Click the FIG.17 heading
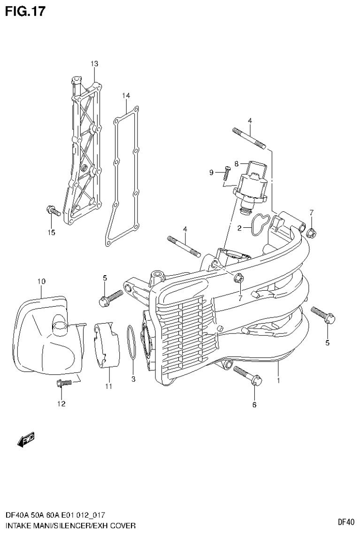(25, 11)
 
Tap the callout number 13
(94, 63)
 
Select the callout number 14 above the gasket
(126, 96)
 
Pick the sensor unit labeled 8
(253, 184)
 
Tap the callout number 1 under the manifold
(278, 380)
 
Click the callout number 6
(254, 404)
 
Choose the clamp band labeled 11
(107, 345)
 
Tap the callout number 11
(108, 387)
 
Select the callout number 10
(41, 281)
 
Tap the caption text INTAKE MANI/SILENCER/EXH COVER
(70, 525)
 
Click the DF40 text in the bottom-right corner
(346, 522)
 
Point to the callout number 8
(237, 163)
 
